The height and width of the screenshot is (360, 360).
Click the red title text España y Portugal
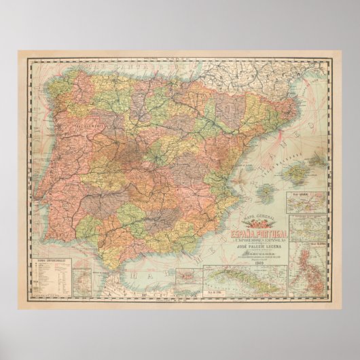259,234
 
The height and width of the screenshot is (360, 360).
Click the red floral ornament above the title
259,223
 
